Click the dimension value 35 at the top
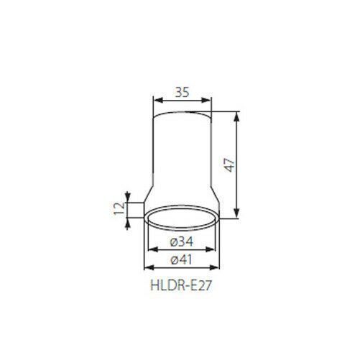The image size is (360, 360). (183, 92)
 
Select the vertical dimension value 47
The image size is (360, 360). (230, 165)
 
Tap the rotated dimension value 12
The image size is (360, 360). (119, 208)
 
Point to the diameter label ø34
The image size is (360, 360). (181, 241)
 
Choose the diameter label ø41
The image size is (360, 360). (181, 260)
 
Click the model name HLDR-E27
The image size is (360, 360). (181, 285)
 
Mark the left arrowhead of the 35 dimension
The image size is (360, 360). (157, 100)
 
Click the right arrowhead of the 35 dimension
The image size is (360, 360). (207, 100)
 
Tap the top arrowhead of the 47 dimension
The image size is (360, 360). (236, 116)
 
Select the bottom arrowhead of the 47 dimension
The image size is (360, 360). (236, 213)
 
